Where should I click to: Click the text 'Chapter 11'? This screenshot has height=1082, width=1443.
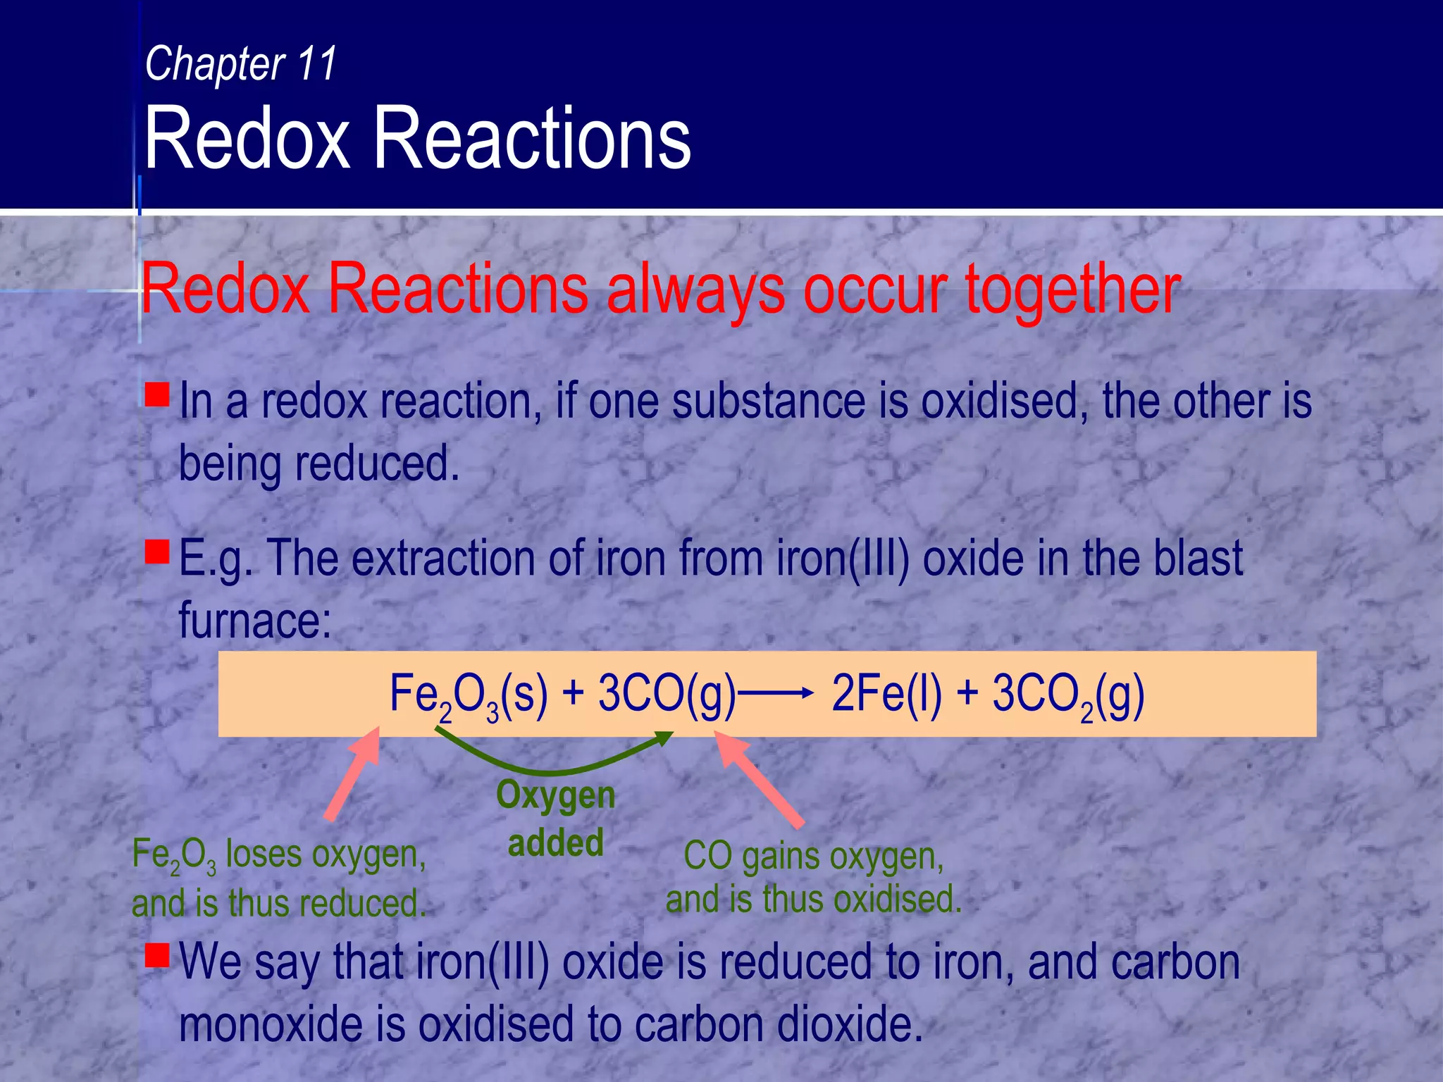point(241,63)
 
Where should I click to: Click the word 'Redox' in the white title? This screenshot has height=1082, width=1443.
point(247,138)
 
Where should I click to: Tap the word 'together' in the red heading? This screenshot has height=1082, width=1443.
point(1072,289)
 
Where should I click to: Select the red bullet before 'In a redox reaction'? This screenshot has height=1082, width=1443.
point(157,394)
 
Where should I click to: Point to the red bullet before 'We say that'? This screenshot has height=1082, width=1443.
point(157,955)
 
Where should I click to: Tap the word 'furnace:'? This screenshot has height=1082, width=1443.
point(255,621)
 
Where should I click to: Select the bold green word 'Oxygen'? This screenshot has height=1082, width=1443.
point(556,795)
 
